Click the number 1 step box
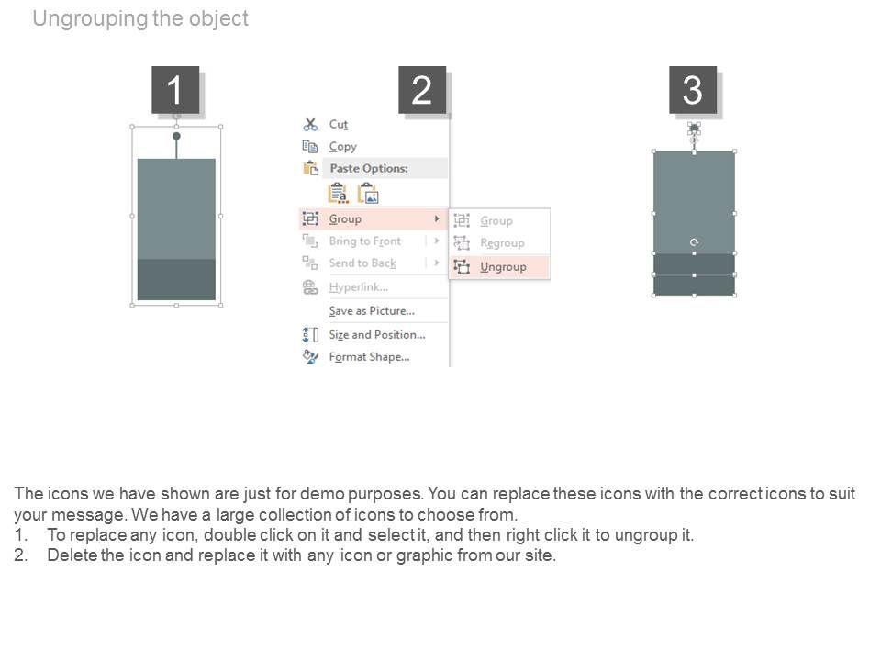[x=175, y=90]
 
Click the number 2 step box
[x=422, y=90]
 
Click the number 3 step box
[x=693, y=90]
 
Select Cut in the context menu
[x=339, y=124]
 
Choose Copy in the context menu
[x=342, y=147]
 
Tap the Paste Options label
[x=369, y=168]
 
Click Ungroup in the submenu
[x=503, y=267]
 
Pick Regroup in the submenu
[x=502, y=243]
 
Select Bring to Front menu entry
[x=365, y=241]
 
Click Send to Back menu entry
[x=362, y=263]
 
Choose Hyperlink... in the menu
[x=359, y=287]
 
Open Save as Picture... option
[x=372, y=311]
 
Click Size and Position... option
[x=377, y=335]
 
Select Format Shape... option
[x=369, y=357]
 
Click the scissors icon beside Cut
[x=310, y=124]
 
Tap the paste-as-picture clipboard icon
[x=369, y=194]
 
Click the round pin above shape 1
[x=176, y=136]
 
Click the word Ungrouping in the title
[x=89, y=18]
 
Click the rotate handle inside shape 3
[x=694, y=242]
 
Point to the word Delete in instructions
[x=72, y=555]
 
